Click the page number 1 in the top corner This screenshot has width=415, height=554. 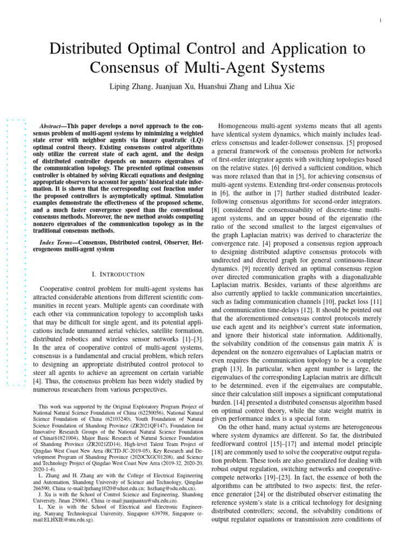coord(381,21)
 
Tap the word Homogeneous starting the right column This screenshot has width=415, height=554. coord(242,125)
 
